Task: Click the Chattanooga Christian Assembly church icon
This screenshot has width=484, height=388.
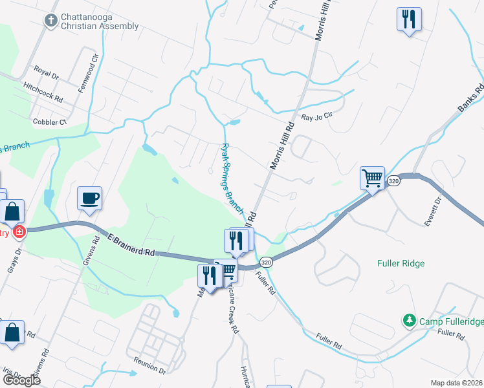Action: (x=50, y=20)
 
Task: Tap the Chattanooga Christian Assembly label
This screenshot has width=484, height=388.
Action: (x=99, y=21)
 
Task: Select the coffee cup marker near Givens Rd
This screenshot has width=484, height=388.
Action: (x=89, y=198)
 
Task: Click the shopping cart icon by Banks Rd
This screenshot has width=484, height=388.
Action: (x=372, y=177)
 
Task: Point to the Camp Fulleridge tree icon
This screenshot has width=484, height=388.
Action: (x=408, y=319)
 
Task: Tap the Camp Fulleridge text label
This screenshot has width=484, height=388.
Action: (x=445, y=321)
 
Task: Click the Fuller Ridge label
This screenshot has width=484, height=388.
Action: (x=401, y=263)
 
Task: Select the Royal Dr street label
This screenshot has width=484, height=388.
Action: (x=47, y=72)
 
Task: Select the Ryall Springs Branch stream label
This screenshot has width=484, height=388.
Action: (x=232, y=178)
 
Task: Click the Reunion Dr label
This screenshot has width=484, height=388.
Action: (x=150, y=367)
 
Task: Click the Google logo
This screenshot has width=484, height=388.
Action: (x=21, y=380)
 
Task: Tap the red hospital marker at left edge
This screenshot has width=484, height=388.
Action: (x=19, y=232)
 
